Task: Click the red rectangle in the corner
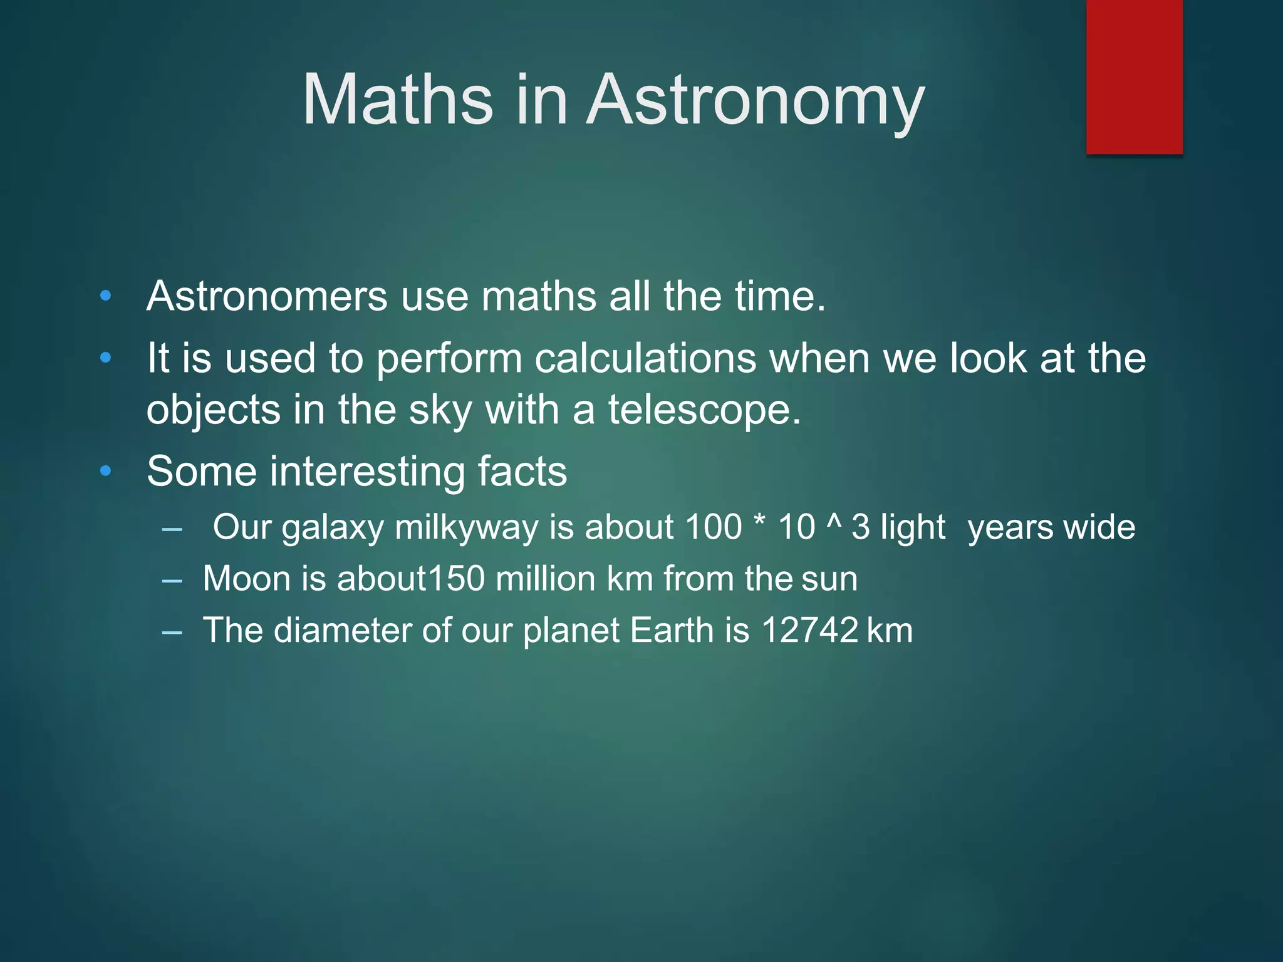(1134, 76)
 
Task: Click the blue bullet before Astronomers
(105, 296)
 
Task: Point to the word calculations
(645, 358)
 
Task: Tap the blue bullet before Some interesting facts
(105, 471)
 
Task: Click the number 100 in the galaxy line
(713, 527)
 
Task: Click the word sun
(829, 579)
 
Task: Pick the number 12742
(809, 630)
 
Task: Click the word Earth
(672, 630)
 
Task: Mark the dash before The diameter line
(172, 633)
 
